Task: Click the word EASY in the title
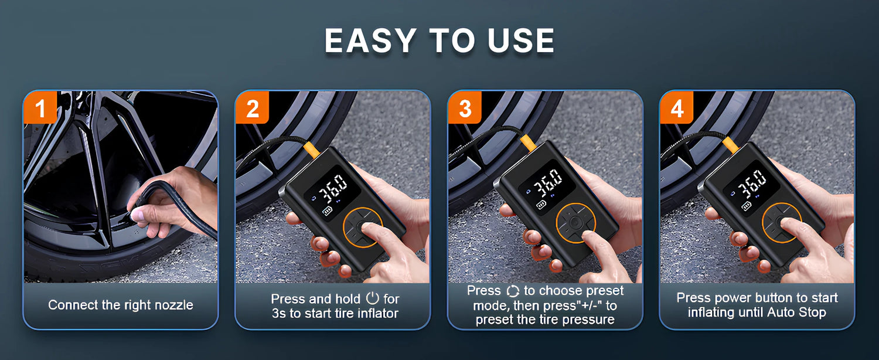click(370, 40)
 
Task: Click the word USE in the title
click(521, 40)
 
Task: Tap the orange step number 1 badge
click(40, 107)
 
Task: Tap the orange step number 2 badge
click(252, 107)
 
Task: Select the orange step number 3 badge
click(465, 107)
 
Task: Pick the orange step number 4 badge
click(676, 107)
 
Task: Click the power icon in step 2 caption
click(372, 298)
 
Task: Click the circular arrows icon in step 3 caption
click(513, 291)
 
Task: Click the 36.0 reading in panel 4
click(751, 184)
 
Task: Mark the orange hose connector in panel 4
click(730, 145)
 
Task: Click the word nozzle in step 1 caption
click(174, 305)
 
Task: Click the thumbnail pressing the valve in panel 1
click(137, 215)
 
